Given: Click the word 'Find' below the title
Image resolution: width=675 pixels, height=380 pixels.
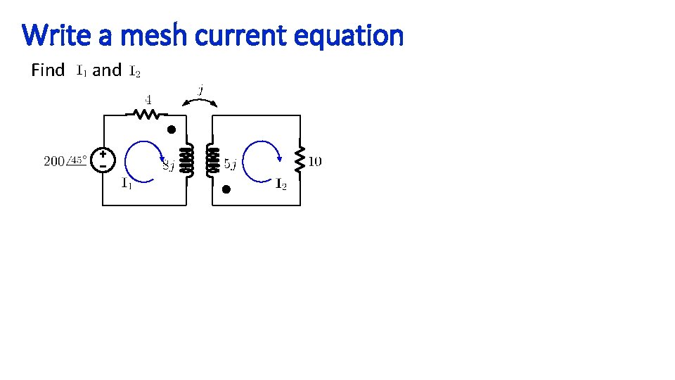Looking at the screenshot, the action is [49, 70].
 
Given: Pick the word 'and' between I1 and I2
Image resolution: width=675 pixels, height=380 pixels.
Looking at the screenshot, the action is [107, 70].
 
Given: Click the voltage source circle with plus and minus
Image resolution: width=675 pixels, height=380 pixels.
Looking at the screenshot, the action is [103, 160].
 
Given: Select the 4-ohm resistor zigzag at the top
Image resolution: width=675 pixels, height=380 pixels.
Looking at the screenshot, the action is [146, 113].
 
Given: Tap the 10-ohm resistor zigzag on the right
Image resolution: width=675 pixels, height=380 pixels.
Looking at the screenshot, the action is [300, 160].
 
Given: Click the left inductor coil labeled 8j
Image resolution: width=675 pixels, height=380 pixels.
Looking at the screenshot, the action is [187, 160].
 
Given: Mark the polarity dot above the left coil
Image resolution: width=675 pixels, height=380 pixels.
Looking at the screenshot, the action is [171, 129].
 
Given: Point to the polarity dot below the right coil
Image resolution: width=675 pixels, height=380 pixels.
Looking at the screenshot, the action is [226, 189].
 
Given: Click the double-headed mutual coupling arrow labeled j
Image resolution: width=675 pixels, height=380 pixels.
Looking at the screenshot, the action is [200, 101].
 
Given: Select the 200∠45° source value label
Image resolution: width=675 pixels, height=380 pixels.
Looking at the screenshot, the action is [65, 161].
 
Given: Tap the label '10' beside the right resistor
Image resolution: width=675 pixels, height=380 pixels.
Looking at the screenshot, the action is [315, 162].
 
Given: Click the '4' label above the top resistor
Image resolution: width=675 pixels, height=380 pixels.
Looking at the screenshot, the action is [149, 98].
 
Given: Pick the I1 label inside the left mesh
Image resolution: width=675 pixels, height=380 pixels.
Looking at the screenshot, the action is [126, 185].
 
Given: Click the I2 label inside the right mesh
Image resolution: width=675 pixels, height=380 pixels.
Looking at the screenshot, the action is [280, 185].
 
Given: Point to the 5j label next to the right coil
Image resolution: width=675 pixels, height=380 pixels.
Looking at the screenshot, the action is [231, 165].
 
